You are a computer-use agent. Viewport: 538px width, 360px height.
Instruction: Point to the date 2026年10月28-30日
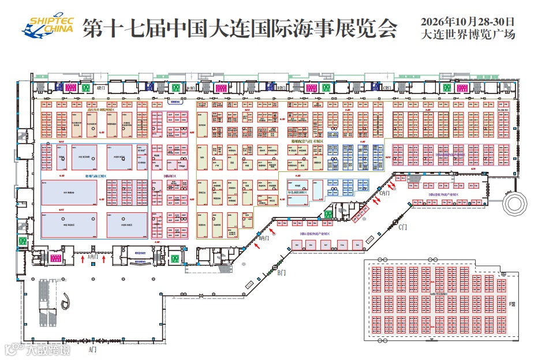(468, 21)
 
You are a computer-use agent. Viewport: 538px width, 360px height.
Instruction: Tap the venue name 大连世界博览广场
(468, 35)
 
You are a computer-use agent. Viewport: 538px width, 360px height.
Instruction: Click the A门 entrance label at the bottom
(93, 350)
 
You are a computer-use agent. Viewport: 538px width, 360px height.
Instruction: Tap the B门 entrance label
(282, 272)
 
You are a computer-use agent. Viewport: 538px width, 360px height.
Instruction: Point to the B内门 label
(264, 238)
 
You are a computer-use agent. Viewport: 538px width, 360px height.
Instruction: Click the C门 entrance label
(403, 227)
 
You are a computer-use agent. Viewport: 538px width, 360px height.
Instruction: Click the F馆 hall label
(513, 303)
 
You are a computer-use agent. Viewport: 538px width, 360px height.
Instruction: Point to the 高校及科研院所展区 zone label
(102, 108)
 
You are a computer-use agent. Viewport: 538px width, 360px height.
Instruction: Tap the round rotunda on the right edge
(515, 204)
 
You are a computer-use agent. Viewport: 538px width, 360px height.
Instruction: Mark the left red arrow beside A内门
(83, 260)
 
